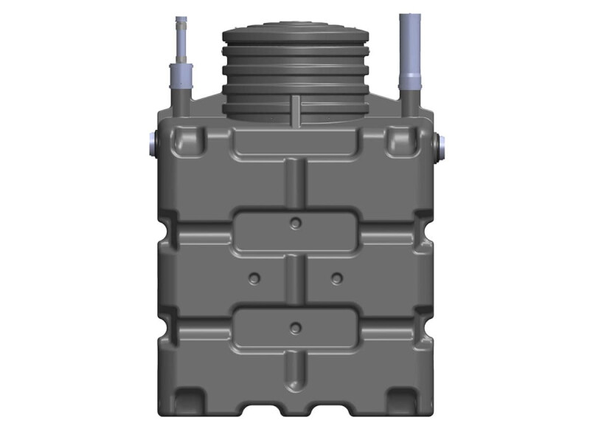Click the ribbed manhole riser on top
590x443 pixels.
coord(296,74)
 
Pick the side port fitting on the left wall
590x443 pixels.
coord(152,144)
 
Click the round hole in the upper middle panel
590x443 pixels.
coord(296,223)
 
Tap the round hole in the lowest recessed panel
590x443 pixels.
coord(296,328)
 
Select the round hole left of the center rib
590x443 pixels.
coord(254,278)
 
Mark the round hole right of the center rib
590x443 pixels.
coord(337,278)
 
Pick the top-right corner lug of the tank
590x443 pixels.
coord(403,139)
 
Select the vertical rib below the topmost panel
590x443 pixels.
coord(296,185)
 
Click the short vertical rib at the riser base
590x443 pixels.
coord(295,109)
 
